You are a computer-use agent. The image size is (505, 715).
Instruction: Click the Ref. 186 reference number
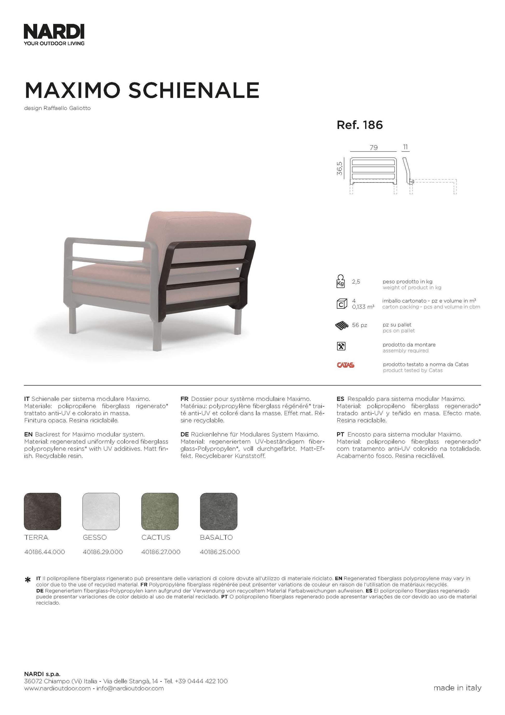(x=359, y=125)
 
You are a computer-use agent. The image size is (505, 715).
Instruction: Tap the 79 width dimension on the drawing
(x=373, y=147)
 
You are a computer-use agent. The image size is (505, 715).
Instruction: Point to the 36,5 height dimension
(x=340, y=168)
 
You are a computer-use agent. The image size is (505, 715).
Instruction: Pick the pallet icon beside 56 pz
(x=342, y=326)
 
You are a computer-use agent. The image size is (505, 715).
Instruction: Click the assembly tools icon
(x=341, y=346)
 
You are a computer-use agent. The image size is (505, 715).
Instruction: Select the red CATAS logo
(x=345, y=365)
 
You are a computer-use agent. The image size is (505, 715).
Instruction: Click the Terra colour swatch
(x=42, y=511)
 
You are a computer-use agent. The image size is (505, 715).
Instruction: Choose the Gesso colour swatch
(x=101, y=511)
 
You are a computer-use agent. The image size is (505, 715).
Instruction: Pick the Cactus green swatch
(x=160, y=511)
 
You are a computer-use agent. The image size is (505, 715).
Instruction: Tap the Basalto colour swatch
(x=219, y=511)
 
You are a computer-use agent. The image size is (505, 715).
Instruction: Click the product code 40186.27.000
(x=161, y=552)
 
